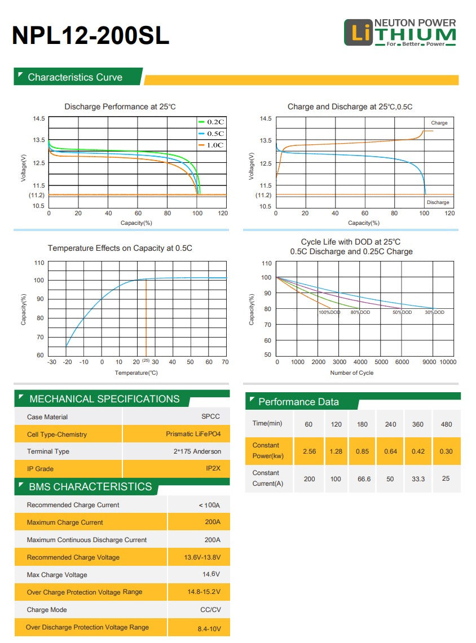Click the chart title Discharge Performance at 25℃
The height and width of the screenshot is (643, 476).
tap(120, 107)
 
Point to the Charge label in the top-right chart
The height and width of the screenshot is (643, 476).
tap(439, 123)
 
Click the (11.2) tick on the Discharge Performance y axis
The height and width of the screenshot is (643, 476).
tap(37, 195)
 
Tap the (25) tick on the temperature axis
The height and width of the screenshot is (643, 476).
tap(146, 360)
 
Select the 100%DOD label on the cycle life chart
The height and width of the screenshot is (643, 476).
tap(329, 312)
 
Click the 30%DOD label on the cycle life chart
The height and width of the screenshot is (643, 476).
tap(434, 312)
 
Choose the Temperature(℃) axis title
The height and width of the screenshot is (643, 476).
tap(136, 373)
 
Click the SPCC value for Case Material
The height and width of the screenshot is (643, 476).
tap(210, 416)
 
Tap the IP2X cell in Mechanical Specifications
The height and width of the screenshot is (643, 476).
tap(213, 468)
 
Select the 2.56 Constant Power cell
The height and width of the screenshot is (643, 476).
tap(308, 451)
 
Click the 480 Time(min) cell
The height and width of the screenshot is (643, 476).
tap(446, 424)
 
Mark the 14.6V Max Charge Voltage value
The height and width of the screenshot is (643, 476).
tap(211, 574)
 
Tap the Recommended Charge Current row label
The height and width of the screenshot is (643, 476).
tap(73, 505)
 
